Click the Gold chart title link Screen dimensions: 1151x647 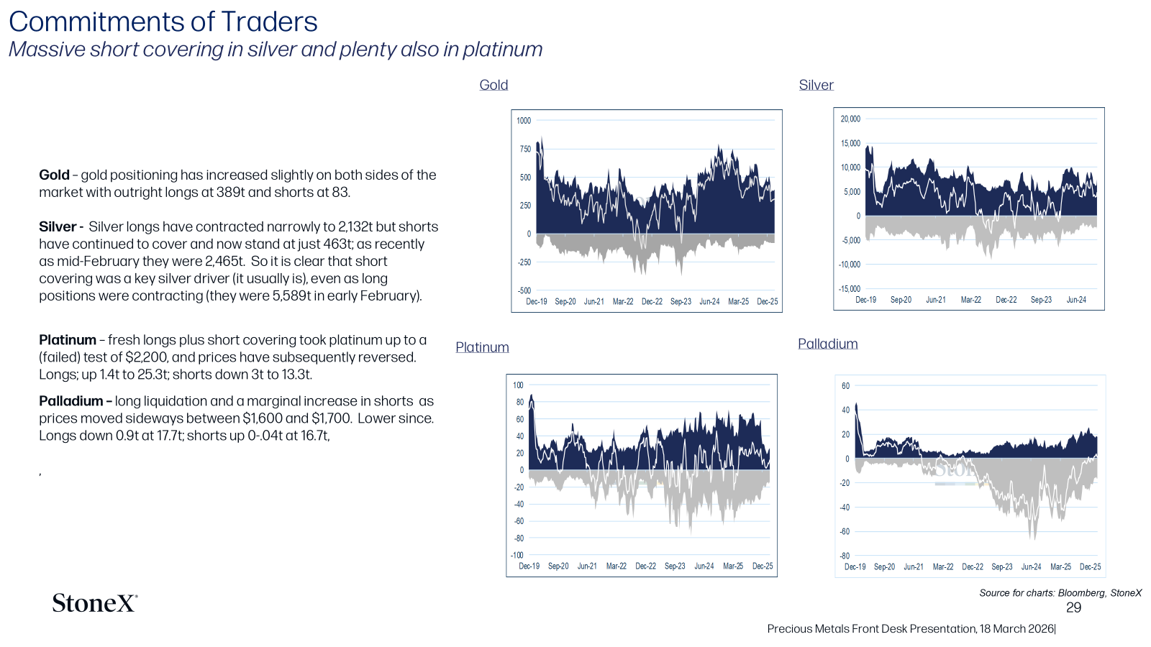[493, 85]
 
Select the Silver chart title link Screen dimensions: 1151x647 [816, 85]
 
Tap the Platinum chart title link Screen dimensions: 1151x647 [482, 347]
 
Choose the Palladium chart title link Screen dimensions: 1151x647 [828, 344]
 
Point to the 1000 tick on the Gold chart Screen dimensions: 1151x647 [524, 121]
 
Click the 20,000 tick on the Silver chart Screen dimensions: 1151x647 [850, 119]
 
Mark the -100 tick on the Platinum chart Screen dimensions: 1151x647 [517, 555]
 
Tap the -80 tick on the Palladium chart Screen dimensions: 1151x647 [845, 556]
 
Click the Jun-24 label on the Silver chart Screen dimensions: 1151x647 [1076, 300]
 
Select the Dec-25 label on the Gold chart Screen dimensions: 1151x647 [767, 302]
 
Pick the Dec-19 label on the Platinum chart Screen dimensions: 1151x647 [529, 566]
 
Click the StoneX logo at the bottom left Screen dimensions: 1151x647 [95, 603]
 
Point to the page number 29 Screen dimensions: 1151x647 [1073, 608]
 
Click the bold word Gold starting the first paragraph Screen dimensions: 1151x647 [54, 175]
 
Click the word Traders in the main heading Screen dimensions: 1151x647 [269, 22]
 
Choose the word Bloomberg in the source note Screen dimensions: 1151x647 [1082, 593]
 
